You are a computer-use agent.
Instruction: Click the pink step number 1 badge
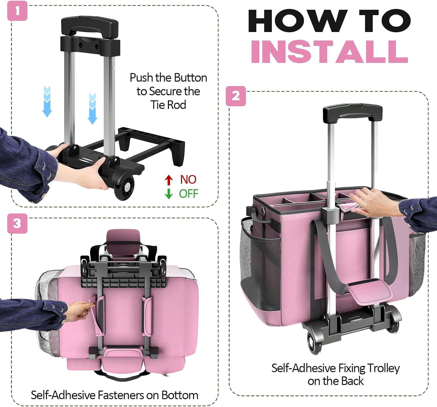[x=17, y=11]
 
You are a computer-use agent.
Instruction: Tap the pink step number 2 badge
[x=236, y=96]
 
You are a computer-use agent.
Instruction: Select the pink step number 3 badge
[x=17, y=223]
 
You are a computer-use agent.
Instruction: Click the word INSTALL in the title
[x=329, y=52]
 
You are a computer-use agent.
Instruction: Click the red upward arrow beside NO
[x=168, y=180]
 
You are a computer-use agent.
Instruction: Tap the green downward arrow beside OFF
[x=168, y=194]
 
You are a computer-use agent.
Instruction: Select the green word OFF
[x=189, y=194]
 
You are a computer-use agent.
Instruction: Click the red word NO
[x=188, y=180]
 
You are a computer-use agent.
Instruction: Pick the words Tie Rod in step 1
[x=168, y=104]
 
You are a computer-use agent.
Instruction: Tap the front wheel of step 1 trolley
[x=124, y=187]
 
